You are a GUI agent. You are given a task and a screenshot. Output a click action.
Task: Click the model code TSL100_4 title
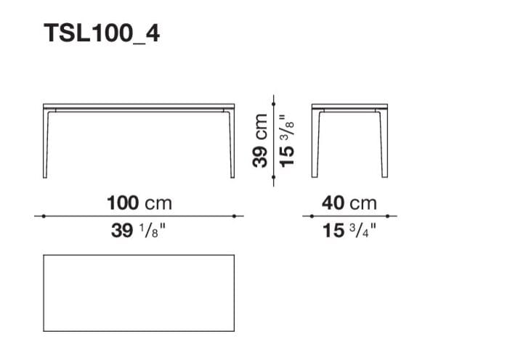pyautogui.click(x=102, y=34)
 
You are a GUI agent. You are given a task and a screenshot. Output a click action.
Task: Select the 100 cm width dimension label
pyautogui.click(x=139, y=203)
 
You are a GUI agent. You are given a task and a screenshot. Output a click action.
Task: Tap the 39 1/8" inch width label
pyautogui.click(x=138, y=231)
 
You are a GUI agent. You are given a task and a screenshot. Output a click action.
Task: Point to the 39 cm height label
pyautogui.click(x=260, y=140)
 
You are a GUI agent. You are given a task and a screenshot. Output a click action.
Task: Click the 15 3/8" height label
pyautogui.click(x=287, y=141)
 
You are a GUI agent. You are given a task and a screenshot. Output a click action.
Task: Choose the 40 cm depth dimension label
pyautogui.click(x=349, y=203)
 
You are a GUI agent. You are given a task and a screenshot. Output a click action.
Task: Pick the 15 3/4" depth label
pyautogui.click(x=349, y=231)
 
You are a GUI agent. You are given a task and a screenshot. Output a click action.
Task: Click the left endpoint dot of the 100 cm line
pyautogui.click(x=44, y=216)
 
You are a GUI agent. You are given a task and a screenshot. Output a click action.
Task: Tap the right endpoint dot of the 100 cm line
pyautogui.click(x=234, y=216)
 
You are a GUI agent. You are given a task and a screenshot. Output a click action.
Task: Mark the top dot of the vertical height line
pyautogui.click(x=274, y=104)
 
